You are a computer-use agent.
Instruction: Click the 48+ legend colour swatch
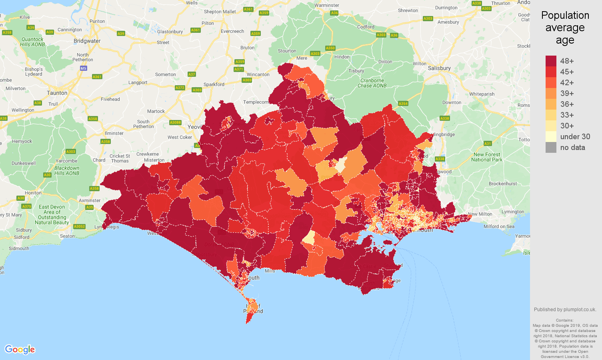(x=551, y=61)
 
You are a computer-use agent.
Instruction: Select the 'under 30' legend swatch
(x=551, y=136)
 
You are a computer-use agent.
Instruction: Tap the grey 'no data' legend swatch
(x=551, y=147)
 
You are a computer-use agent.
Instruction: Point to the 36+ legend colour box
(x=551, y=104)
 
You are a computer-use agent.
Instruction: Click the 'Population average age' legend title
(x=565, y=28)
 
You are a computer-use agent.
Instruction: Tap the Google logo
(x=20, y=350)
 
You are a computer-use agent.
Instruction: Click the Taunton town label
(x=57, y=93)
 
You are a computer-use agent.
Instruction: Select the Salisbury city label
(x=439, y=68)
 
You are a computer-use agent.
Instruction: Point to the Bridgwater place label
(x=87, y=41)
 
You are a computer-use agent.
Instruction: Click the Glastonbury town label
(x=170, y=32)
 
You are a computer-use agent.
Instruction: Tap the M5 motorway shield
(x=83, y=68)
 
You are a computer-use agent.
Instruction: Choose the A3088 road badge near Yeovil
(x=175, y=122)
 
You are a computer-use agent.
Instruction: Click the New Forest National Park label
(x=487, y=157)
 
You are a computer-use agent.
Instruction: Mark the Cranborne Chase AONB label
(x=372, y=83)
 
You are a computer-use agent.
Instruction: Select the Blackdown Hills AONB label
(x=67, y=170)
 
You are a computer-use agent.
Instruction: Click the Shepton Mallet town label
(x=220, y=12)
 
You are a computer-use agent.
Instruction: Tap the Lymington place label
(x=512, y=212)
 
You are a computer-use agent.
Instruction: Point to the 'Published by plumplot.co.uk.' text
(x=565, y=309)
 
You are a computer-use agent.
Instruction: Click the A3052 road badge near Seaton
(x=79, y=226)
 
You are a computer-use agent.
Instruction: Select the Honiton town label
(x=33, y=192)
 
